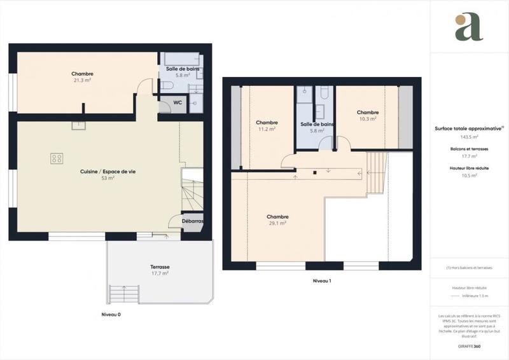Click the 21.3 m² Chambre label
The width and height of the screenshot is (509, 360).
click(83, 77)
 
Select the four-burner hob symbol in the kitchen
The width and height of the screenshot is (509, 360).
click(56, 158)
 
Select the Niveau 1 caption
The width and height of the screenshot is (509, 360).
click(322, 280)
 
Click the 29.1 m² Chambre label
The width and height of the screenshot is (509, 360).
click(276, 219)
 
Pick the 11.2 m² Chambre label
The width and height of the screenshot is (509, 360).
click(266, 125)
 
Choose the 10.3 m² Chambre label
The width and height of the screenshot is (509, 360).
click(367, 115)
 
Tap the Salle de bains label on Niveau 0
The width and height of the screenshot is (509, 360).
click(179, 71)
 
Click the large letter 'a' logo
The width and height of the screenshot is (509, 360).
click(468, 27)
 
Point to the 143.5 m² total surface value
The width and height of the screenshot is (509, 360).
click(469, 137)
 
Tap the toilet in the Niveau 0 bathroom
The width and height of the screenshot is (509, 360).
click(165, 85)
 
